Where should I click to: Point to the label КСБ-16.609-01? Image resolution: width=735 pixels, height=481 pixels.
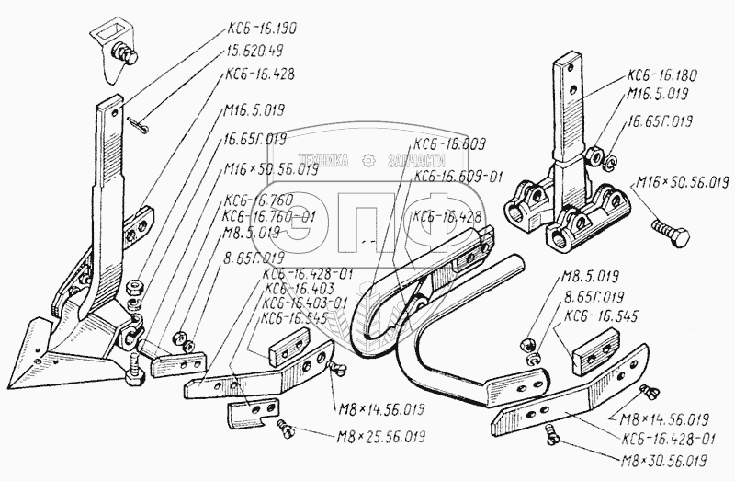tap(458, 176)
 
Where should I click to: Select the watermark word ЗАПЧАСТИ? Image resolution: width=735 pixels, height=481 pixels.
tap(421, 160)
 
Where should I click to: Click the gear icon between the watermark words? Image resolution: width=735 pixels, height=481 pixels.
tap(370, 160)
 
